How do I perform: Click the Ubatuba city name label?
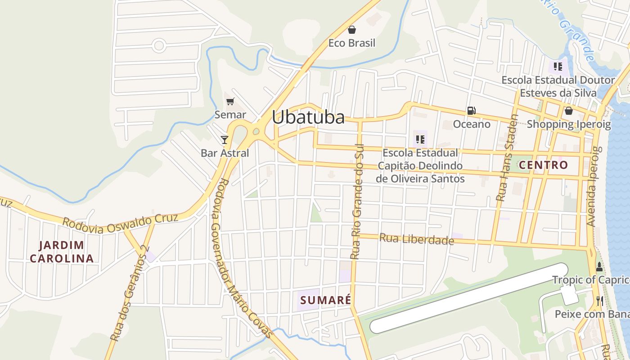tap(308, 117)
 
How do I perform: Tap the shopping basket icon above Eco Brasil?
tap(352, 30)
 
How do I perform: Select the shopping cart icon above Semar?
tap(230, 101)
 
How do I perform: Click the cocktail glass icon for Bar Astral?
tap(225, 139)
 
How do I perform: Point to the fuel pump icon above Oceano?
tap(471, 110)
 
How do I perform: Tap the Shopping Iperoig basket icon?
tap(569, 111)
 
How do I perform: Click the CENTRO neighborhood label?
tap(543, 165)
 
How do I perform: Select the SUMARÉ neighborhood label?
tap(325, 300)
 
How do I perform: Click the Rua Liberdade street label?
tap(417, 239)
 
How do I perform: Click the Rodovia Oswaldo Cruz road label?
tap(120, 223)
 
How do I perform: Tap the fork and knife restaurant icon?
tap(599, 301)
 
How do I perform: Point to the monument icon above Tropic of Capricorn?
tap(599, 266)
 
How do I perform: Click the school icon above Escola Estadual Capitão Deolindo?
tap(420, 139)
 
